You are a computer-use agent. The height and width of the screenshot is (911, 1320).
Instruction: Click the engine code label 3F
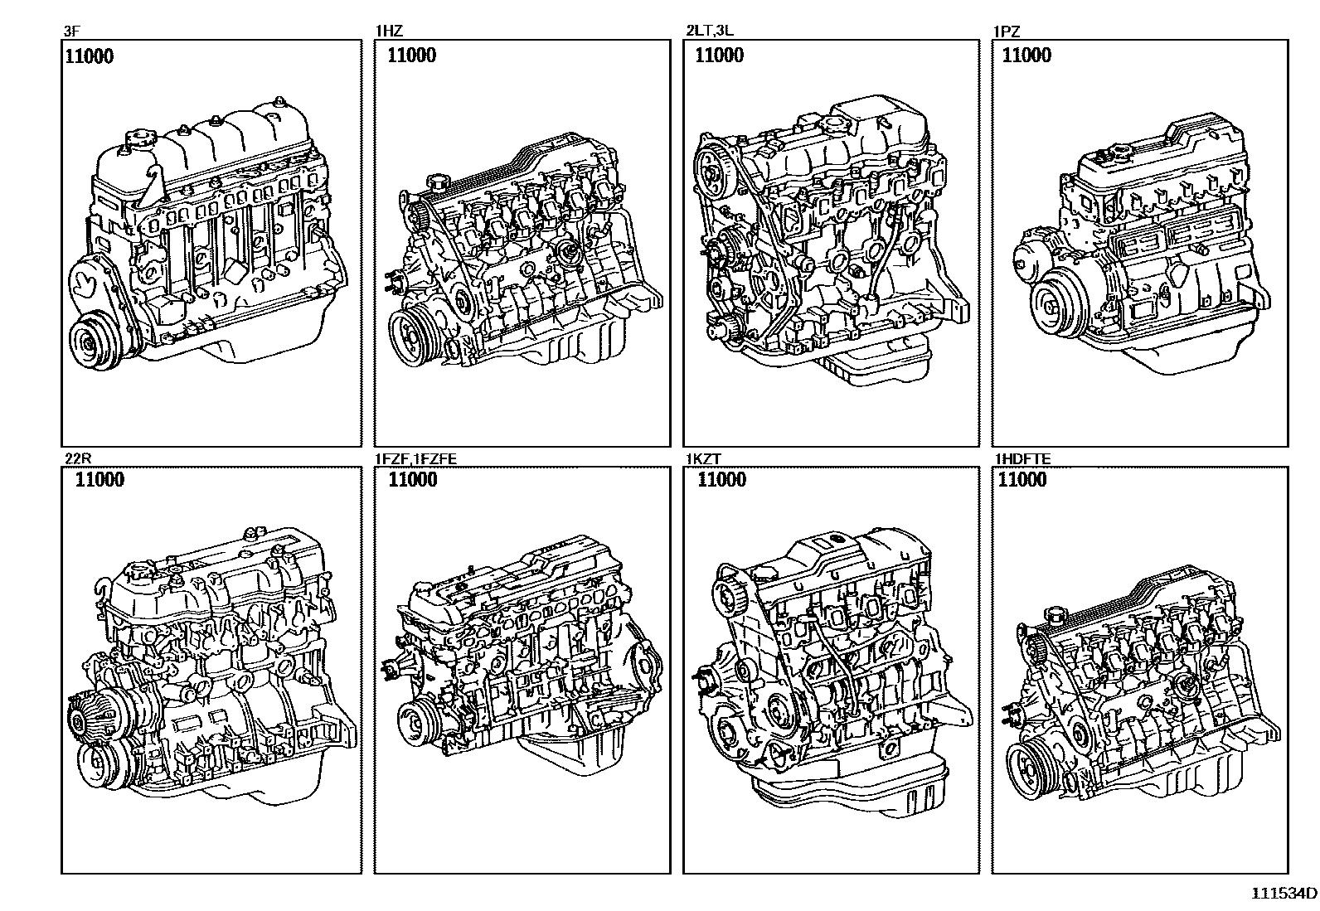(x=70, y=32)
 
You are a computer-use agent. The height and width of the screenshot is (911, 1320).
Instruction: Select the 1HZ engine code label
(x=389, y=32)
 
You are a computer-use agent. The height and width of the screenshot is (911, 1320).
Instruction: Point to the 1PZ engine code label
(x=1007, y=32)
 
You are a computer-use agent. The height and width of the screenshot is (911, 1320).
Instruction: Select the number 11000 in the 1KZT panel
(x=721, y=480)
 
